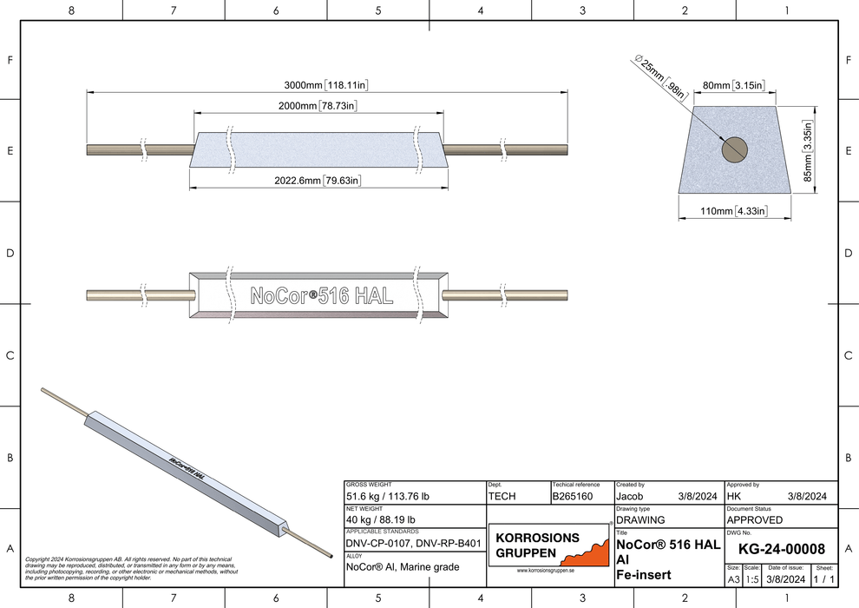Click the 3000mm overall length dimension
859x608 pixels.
click(327, 85)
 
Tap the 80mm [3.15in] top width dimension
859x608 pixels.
click(733, 86)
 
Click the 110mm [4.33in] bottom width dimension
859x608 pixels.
click(733, 211)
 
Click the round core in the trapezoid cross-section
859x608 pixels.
click(735, 149)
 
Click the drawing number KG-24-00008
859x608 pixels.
click(781, 550)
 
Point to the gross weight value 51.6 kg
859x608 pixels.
click(388, 497)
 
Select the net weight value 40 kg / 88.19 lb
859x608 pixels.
click(382, 519)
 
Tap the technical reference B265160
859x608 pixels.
click(572, 497)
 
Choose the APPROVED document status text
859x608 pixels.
click(755, 519)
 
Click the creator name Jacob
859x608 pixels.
click(630, 497)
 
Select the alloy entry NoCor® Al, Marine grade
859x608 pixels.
click(403, 567)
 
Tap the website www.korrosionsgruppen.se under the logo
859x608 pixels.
click(551, 571)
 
